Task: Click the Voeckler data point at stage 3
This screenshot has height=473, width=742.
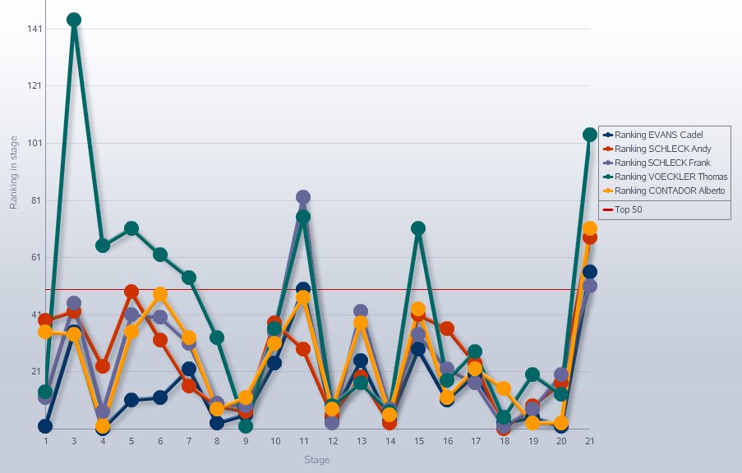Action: (x=74, y=20)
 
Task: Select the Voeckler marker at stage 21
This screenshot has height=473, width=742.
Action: (x=589, y=135)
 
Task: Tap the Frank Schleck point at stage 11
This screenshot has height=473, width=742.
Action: (x=302, y=197)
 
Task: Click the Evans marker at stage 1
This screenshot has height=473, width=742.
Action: (x=45, y=426)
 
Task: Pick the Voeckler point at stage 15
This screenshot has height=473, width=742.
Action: (x=417, y=228)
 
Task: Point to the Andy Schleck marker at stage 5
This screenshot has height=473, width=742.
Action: (x=131, y=292)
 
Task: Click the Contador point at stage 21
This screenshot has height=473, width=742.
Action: (x=589, y=229)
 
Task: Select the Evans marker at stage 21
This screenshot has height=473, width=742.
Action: (x=589, y=272)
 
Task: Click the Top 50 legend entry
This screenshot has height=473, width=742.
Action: (x=629, y=210)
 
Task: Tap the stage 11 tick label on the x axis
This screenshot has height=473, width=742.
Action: (x=302, y=441)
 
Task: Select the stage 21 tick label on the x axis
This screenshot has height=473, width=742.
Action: (x=589, y=441)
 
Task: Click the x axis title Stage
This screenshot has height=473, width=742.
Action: (x=316, y=460)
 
